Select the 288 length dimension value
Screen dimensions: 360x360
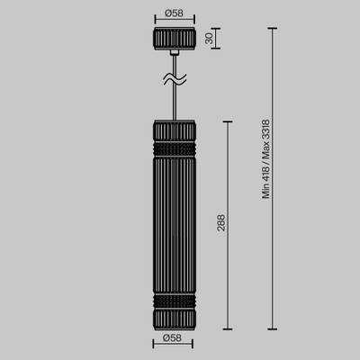click(220, 222)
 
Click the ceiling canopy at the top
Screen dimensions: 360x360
click(174, 41)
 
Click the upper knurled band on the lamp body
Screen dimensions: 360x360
click(174, 144)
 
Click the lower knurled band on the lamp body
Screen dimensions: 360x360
click(174, 299)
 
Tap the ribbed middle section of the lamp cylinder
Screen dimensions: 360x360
click(174, 220)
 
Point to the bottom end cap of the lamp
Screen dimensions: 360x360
click(174, 316)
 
